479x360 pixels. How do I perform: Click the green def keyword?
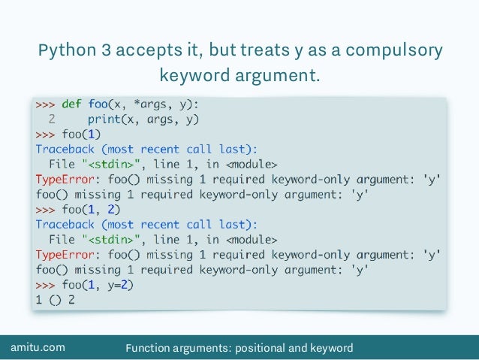(73, 104)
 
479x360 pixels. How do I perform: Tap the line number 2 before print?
(50, 119)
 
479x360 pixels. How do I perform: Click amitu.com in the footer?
(38, 347)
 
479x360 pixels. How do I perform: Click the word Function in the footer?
(149, 347)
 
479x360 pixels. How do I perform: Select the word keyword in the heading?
(197, 76)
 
